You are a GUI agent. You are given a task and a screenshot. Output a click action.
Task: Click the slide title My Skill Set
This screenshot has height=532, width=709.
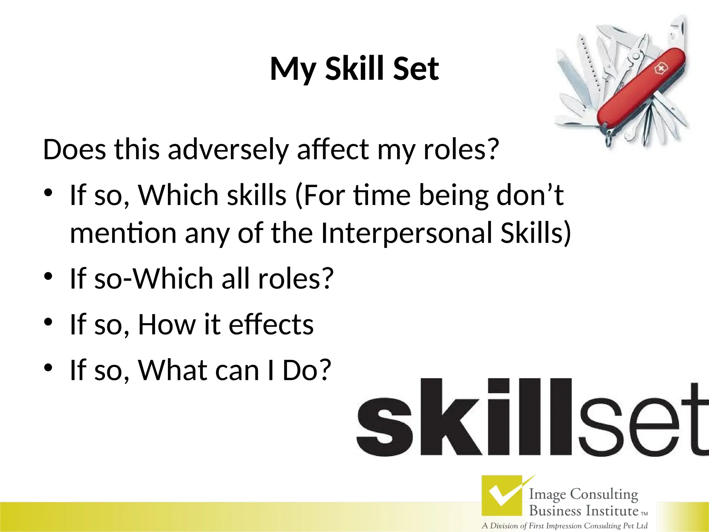coord(354,69)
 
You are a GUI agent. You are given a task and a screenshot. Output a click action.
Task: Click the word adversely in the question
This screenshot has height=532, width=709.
coord(228,150)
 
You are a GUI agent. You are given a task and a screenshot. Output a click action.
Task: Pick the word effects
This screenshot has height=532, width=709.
coord(271,325)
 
